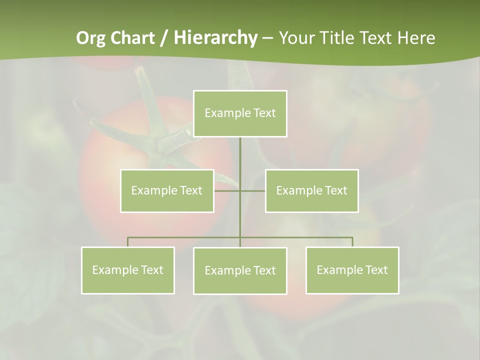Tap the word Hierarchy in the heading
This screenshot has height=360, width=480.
pyautogui.click(x=215, y=38)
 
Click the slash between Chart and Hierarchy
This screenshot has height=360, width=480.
pyautogui.click(x=163, y=38)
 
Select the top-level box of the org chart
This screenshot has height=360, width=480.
pyautogui.click(x=240, y=113)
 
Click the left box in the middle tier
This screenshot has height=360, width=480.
pyautogui.click(x=167, y=190)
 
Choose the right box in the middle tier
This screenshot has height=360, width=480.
pyautogui.click(x=311, y=190)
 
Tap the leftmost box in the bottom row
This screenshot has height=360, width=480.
pyautogui.click(x=127, y=270)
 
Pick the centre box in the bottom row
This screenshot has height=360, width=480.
pyautogui.click(x=240, y=270)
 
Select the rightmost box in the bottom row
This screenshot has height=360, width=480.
pyautogui.click(x=352, y=270)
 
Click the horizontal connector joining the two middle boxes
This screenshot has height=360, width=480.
pyautogui.click(x=227, y=190)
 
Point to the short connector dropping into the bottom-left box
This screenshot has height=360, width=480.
pyautogui.click(x=127, y=242)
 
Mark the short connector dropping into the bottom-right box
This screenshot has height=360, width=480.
pyautogui.click(x=352, y=242)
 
